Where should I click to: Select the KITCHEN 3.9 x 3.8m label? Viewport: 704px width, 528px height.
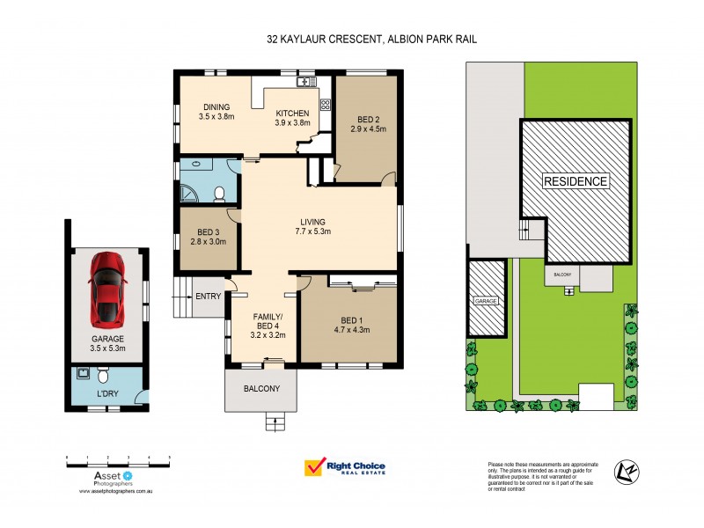coord(294,118)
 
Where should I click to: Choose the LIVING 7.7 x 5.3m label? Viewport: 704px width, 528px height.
coord(312,226)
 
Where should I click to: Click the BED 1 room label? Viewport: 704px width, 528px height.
coord(350,325)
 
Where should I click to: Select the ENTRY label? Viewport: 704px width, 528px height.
coord(208,297)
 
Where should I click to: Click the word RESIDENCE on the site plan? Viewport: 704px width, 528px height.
coord(576,182)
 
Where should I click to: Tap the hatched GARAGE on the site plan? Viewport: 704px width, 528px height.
coord(487,299)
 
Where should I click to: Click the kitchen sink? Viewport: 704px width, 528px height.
coord(306,82)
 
